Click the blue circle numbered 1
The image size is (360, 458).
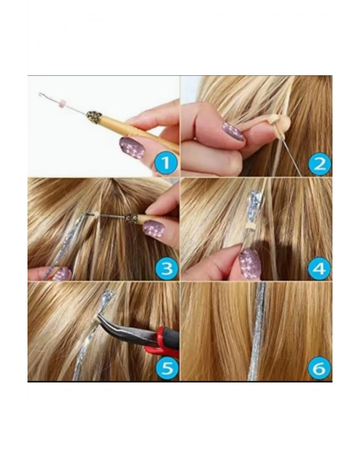pos(165,162)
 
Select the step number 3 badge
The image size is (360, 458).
pos(165,267)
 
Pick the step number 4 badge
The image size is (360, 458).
pos(318,267)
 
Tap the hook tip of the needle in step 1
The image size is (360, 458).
pos(41,94)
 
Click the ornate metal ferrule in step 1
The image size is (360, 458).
pos(94,118)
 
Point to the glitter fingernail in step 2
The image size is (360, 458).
pos(232,131)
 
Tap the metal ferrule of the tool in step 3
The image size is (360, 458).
pos(131,219)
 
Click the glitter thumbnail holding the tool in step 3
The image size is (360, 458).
pos(154,229)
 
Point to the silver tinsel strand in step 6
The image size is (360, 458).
pos(261,334)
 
